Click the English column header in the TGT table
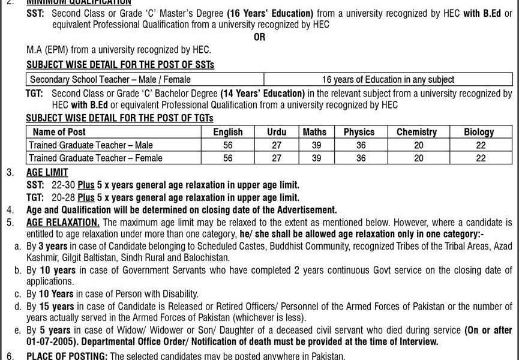(228, 132)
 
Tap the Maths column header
(314, 132)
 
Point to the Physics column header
(359, 132)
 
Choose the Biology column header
(479, 132)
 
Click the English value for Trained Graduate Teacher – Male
(228, 145)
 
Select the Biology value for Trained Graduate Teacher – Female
(479, 158)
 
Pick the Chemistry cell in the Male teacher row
(418, 145)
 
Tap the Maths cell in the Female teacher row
(315, 158)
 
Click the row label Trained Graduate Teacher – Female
(96, 158)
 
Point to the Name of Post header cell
(59, 132)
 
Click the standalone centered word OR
(259, 37)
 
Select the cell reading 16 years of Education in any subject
(388, 79)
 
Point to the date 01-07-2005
(52, 341)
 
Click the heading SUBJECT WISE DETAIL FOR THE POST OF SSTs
(120, 65)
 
